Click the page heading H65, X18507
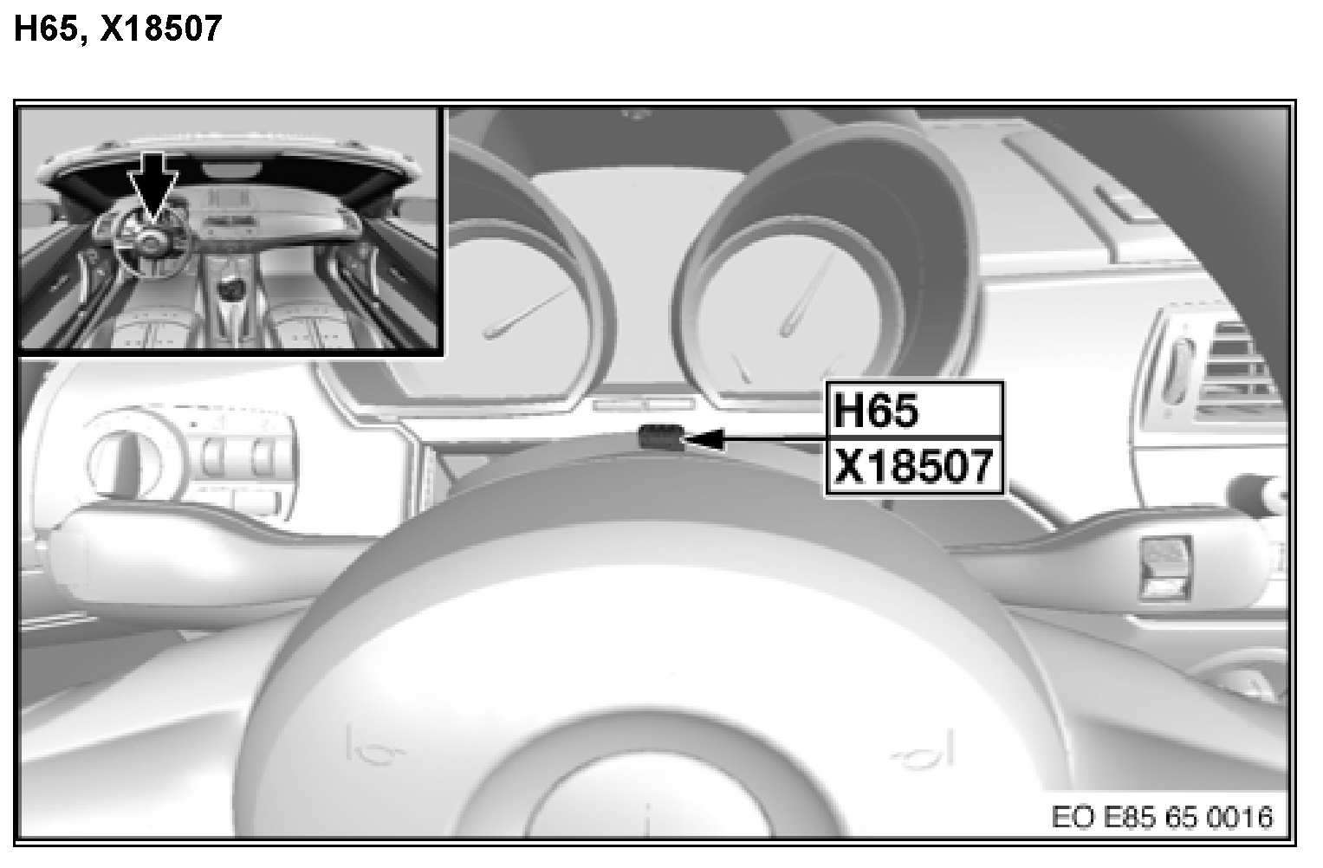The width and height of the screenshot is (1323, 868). [x=118, y=28]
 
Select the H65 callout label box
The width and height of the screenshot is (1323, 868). [x=914, y=411]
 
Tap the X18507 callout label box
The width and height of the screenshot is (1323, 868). [x=914, y=466]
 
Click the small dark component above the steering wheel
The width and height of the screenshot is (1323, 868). [x=660, y=438]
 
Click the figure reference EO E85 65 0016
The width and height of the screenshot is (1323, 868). [x=1162, y=817]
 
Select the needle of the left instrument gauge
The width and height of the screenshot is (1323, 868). [x=527, y=313]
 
